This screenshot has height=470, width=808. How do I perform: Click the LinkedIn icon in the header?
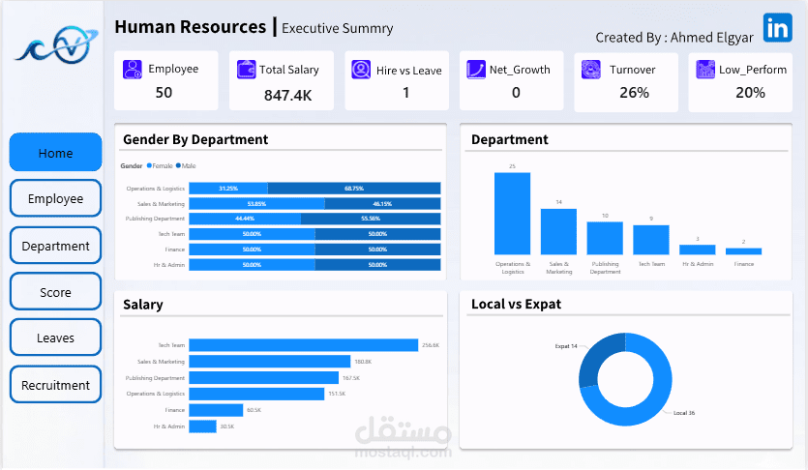coord(776,28)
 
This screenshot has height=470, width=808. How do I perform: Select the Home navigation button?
coord(55,153)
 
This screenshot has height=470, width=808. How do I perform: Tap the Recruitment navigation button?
coord(55,385)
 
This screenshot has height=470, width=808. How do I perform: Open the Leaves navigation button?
coord(55,338)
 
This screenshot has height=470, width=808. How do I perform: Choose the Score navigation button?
coord(55,292)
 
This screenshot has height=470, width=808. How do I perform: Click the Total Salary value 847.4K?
coord(287,95)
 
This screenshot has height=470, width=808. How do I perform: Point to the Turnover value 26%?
coord(634,93)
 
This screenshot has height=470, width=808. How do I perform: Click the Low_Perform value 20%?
coord(750,93)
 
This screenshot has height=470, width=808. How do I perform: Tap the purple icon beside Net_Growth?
coord(475,70)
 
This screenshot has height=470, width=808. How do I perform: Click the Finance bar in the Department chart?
coord(743,250)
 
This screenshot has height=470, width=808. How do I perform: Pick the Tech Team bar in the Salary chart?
coord(303,345)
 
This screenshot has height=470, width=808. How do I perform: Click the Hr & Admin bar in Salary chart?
coord(202,426)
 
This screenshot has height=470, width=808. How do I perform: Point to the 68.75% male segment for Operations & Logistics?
coord(353,189)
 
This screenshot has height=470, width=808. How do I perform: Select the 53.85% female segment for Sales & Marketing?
coord(256,204)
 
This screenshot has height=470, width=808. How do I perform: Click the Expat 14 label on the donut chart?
coord(566,345)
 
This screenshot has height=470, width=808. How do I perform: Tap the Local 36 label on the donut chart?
coord(684,413)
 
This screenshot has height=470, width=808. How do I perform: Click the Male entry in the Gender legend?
coord(188,166)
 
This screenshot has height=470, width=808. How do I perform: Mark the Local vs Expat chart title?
coord(516,304)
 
